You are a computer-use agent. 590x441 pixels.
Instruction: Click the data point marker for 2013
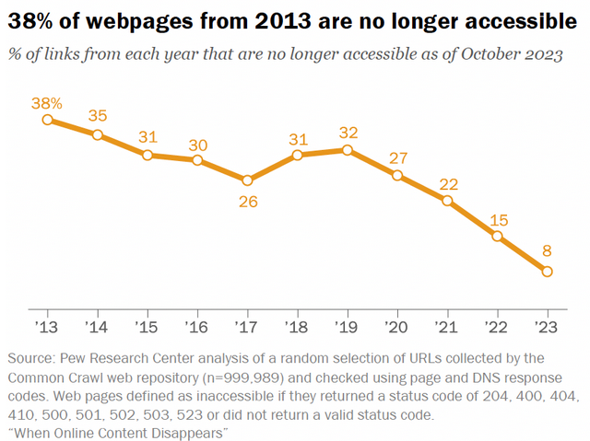(47, 119)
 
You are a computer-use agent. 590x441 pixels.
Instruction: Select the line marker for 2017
(247, 180)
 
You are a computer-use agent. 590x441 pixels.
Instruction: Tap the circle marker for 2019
(347, 150)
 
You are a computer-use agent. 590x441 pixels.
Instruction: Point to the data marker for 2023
(548, 272)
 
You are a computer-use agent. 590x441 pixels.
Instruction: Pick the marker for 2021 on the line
(447, 201)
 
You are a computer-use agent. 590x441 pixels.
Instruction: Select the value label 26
(247, 202)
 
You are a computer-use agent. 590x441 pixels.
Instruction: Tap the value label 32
(348, 132)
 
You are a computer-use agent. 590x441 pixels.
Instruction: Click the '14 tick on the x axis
(98, 328)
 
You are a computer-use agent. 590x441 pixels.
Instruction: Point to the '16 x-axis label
(197, 328)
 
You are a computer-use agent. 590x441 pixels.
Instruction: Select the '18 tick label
(298, 328)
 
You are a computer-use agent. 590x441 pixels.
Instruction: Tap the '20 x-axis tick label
(397, 328)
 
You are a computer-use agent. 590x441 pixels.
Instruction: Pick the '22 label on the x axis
(498, 328)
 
